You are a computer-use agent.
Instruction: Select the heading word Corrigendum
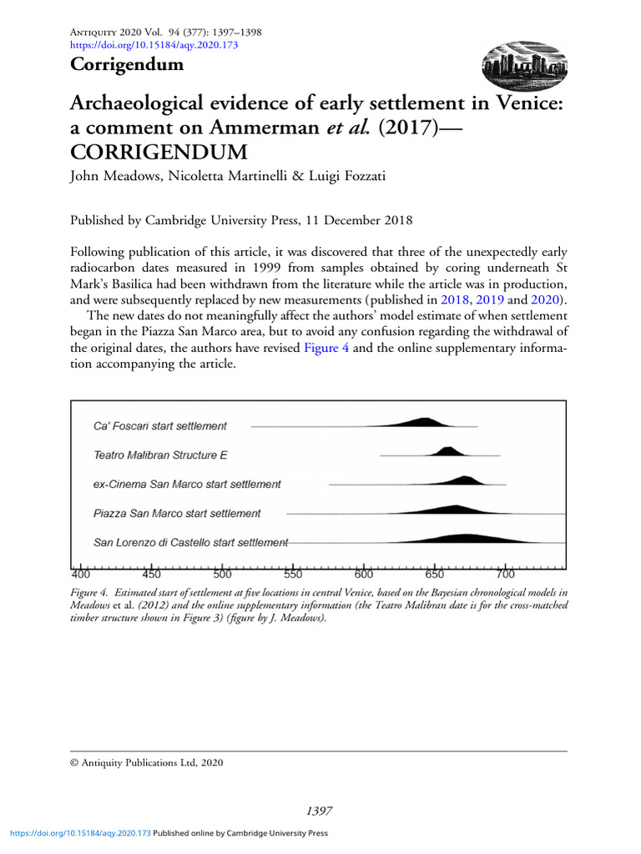coord(126,64)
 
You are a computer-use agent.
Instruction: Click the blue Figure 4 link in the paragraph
coord(326,348)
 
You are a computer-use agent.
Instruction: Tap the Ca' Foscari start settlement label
coord(159,426)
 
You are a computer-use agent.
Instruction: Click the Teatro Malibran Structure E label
coord(160,455)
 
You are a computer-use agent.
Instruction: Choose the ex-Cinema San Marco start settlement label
coord(187,484)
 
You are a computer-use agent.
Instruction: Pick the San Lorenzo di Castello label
coord(190,542)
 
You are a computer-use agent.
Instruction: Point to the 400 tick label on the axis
coord(81,575)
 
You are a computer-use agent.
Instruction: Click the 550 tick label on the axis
coord(293,575)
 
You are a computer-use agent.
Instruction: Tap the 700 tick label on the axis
coord(505,575)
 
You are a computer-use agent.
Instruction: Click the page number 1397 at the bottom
coord(320,811)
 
